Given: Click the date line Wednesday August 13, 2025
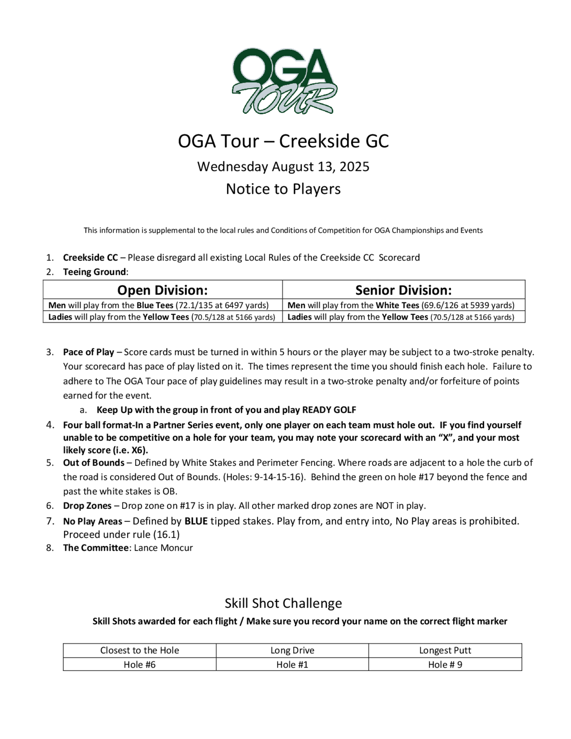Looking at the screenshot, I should point(284,167).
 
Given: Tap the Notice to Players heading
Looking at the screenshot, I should point(284,189).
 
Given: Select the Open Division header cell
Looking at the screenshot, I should point(162,290).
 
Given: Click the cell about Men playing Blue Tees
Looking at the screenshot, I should point(158,305).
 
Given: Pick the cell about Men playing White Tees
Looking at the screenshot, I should point(401,305).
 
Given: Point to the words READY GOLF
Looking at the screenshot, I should point(329,410).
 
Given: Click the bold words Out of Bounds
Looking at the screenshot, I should point(94,463).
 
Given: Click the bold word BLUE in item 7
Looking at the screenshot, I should point(196,521).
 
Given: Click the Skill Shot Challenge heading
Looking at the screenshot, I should point(284,603).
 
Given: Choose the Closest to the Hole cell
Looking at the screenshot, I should point(139,650).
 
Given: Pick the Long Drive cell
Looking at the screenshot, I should point(292,650).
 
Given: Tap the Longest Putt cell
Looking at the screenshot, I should point(445,650).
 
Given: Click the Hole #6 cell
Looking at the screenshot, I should point(139,664).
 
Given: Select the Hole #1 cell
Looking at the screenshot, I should point(292,664).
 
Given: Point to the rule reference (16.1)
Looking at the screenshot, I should point(166,535).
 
